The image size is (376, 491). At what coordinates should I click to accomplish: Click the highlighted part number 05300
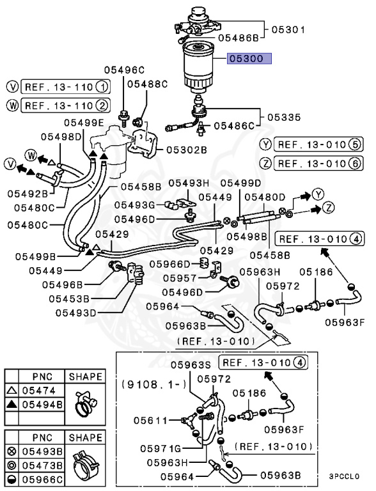click(x=249, y=59)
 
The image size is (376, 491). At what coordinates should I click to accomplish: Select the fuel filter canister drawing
click(x=198, y=68)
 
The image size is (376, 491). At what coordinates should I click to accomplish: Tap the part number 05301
click(x=288, y=30)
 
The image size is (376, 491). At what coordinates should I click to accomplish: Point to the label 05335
click(x=284, y=118)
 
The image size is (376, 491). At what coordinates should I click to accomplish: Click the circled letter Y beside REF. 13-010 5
click(x=266, y=144)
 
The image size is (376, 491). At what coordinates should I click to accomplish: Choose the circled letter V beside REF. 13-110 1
click(x=12, y=87)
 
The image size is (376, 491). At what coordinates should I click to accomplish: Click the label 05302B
click(x=187, y=150)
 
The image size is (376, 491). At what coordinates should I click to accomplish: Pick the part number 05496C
click(x=124, y=70)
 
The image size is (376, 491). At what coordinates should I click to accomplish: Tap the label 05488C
click(x=147, y=84)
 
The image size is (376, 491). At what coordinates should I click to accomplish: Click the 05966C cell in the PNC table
click(x=42, y=479)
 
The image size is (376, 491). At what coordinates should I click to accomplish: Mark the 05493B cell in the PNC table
click(x=42, y=451)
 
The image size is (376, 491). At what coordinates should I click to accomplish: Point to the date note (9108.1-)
click(x=154, y=384)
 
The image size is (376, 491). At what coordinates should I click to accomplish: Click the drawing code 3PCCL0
click(x=344, y=476)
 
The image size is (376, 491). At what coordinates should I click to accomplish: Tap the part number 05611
click(x=150, y=420)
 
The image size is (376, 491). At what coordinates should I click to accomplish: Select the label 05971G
click(x=161, y=448)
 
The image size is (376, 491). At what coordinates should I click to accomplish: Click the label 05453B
click(x=69, y=299)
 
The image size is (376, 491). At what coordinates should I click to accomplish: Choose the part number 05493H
click(x=189, y=183)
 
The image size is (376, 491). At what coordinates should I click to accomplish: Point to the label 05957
click(x=180, y=278)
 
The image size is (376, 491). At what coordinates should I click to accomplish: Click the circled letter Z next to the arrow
click(x=329, y=207)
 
